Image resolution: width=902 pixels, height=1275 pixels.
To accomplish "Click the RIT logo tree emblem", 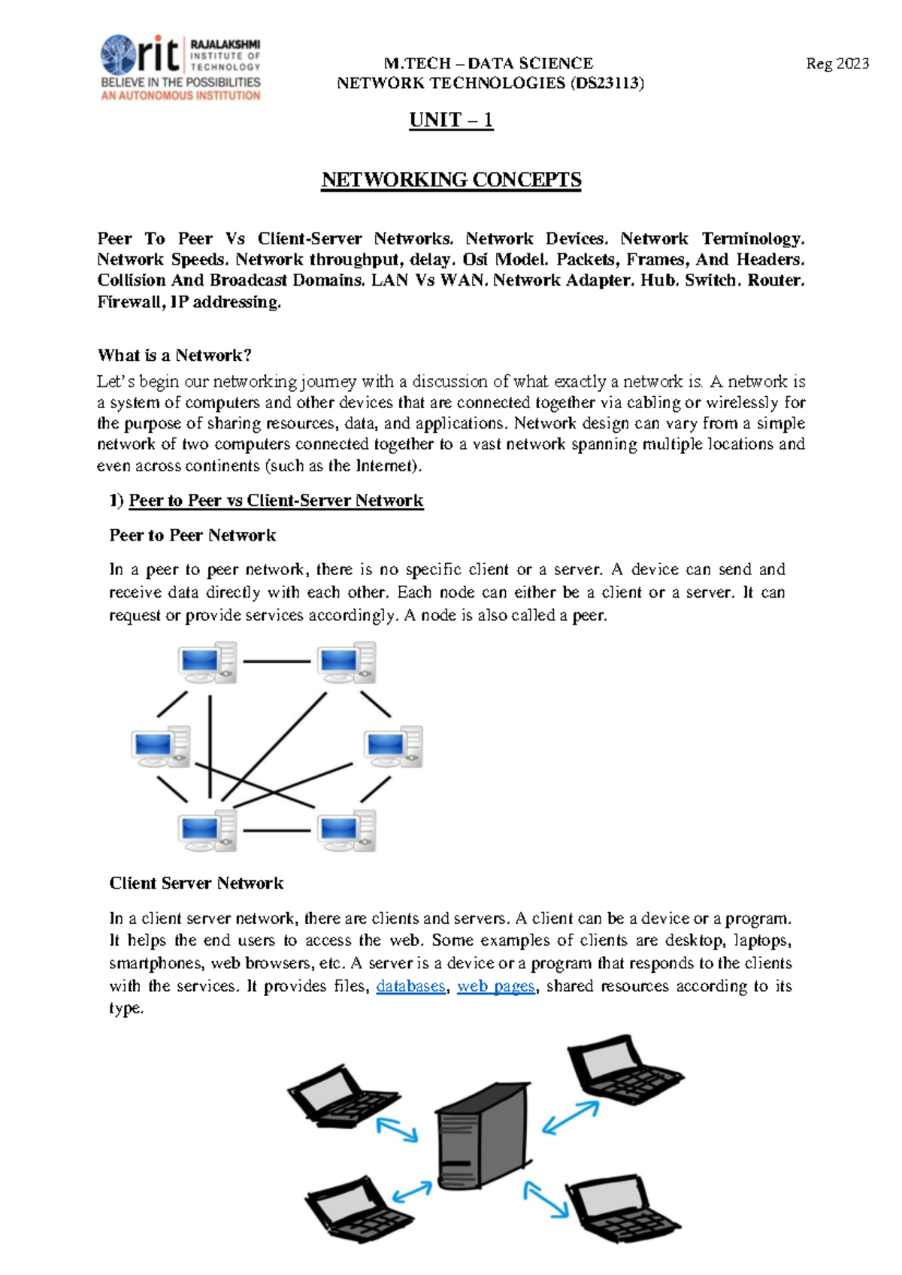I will coord(118,55).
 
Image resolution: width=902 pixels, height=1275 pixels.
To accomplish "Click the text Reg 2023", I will coord(837,64).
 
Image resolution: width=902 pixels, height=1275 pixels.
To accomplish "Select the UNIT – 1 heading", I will coord(451,120).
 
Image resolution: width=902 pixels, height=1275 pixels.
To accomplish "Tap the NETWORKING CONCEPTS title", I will coord(451,180).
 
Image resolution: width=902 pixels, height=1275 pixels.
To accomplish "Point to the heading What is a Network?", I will coord(174,356).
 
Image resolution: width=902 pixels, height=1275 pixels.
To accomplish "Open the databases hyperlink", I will coord(410,986).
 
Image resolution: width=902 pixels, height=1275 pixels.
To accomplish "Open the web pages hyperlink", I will coord(496,986).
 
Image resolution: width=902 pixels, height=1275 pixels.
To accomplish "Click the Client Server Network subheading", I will coord(196,883).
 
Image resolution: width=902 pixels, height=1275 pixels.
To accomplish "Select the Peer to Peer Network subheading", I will coord(192,535).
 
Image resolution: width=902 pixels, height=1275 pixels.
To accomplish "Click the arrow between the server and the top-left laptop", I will coord(397,1130).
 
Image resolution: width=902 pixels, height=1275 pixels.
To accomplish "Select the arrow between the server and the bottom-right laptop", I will coord(546,1199).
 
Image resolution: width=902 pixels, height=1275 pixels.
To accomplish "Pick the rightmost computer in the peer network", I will coord(393,747).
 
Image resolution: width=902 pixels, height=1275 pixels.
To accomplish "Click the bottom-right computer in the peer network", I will coord(346,831).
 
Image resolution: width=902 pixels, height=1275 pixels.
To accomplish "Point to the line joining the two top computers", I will coord(277,662).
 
